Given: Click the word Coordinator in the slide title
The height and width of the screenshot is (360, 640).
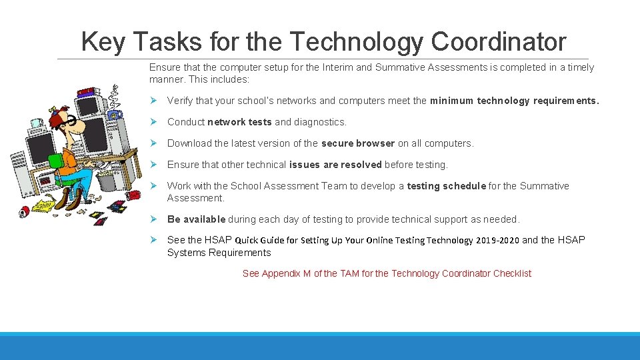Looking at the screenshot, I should (499, 42).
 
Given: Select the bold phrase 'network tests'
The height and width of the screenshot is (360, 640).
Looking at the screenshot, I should (239, 122).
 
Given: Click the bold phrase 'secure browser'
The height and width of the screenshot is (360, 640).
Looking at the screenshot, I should (358, 143).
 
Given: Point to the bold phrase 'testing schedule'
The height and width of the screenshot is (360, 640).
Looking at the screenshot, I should (446, 186).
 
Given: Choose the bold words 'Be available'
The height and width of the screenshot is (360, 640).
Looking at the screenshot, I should (196, 219).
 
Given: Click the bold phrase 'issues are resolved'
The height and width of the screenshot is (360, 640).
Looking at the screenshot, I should (335, 165).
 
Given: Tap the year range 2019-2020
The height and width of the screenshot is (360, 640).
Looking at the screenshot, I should (497, 240).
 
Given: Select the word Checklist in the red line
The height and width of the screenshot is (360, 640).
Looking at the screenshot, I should (512, 273).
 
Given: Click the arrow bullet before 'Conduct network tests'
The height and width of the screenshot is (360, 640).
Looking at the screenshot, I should (153, 122).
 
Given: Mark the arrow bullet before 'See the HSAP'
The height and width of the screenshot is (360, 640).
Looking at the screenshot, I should (153, 240).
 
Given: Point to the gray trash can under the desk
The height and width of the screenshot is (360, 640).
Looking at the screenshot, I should (106, 181).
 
